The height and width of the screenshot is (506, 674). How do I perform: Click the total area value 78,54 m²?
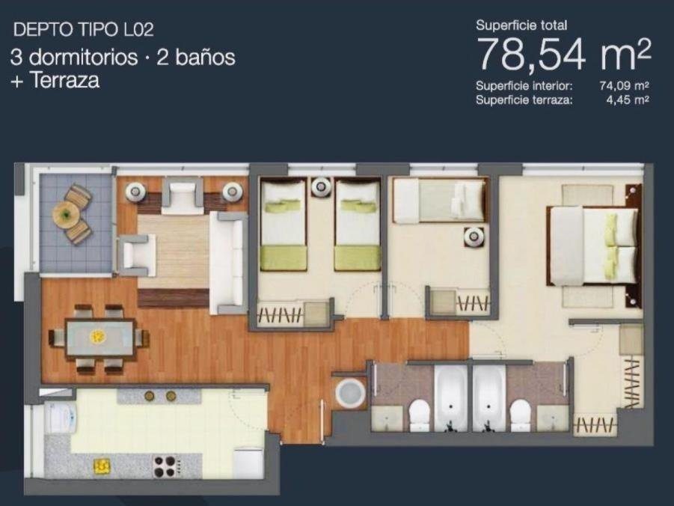564,53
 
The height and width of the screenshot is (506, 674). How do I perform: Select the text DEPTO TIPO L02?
83,30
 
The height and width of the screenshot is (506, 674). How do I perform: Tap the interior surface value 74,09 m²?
624,85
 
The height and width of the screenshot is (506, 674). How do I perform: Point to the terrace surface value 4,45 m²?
628,100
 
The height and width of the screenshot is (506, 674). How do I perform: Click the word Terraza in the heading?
65,80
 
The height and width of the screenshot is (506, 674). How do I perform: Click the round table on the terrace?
66,214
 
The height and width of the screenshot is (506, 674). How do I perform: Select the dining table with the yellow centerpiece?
99,338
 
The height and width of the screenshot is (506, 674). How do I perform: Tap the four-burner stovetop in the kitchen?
165,466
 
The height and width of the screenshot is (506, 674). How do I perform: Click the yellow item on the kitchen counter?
102,465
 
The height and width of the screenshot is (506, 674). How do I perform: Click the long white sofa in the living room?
227,263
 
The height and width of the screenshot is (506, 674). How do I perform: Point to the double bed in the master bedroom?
592,246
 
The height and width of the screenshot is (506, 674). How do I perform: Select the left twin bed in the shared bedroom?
284,225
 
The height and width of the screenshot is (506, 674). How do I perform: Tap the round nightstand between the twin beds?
321,186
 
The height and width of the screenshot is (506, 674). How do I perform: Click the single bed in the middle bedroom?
439,201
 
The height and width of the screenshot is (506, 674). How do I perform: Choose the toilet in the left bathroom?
419,415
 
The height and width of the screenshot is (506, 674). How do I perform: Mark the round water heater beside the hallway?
350,393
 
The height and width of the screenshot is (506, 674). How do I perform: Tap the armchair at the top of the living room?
183,195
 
